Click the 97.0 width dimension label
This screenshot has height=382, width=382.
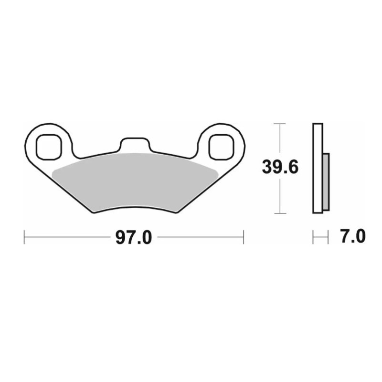coord(134,237)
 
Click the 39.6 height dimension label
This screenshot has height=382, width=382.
coord(280,168)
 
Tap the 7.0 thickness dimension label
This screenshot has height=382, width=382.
coord(353,236)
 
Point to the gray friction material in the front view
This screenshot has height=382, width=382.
coord(134,181)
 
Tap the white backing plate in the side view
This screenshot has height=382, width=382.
coord(318,168)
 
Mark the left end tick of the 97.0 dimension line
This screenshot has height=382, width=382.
coord(24,237)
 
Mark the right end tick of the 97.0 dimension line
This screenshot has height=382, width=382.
coord(244,237)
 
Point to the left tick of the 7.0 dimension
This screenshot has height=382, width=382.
coord(313,237)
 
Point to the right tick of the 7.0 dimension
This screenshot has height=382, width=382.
coord(329,237)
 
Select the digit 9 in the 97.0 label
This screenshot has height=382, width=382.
coord(120,237)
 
